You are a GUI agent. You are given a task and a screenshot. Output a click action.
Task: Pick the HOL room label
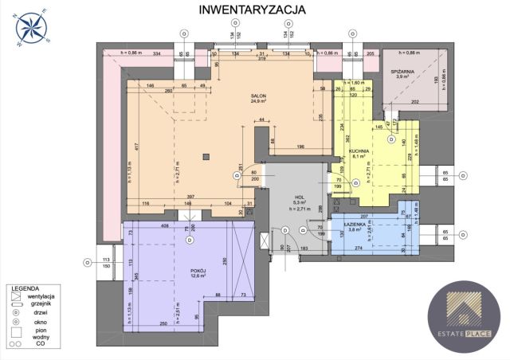coord(299,198)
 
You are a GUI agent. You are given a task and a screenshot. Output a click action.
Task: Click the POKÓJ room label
coord(198,272)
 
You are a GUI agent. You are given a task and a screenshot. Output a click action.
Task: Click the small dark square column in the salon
coord(206,156)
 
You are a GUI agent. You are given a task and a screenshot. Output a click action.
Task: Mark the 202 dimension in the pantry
coord(414,102)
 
